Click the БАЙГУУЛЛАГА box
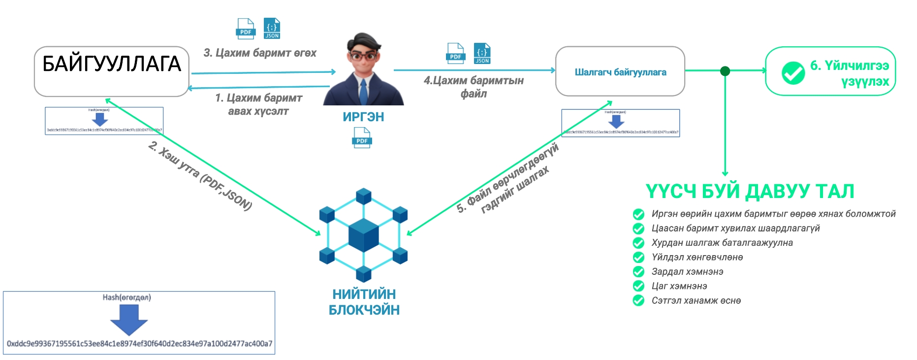(x=112, y=71)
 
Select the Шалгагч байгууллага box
(x=620, y=72)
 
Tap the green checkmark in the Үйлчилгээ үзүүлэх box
(x=793, y=73)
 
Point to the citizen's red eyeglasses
(x=363, y=56)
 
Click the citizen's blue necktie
(x=363, y=92)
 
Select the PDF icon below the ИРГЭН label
(x=362, y=137)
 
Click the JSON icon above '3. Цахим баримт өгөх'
(x=272, y=29)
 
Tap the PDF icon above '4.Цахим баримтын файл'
(x=455, y=53)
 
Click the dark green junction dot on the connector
(x=725, y=71)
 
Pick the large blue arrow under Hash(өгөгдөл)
(x=129, y=319)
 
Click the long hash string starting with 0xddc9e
(x=139, y=344)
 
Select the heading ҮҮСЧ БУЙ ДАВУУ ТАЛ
(x=749, y=192)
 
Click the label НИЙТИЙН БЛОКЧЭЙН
(x=364, y=302)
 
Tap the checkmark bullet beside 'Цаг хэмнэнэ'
(x=638, y=286)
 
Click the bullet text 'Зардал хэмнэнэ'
(x=687, y=272)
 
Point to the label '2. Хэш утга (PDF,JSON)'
(x=200, y=176)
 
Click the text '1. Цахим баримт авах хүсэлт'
(x=258, y=104)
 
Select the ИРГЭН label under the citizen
(x=363, y=117)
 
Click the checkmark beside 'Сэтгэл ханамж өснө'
(x=638, y=300)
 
